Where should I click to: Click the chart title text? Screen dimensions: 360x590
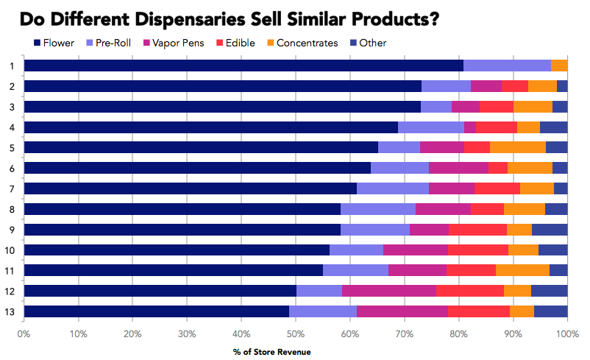[227, 18]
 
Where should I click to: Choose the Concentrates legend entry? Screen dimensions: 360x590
[302, 43]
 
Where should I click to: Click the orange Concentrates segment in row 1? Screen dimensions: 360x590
[559, 66]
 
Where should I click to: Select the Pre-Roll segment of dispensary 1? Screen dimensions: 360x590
[507, 66]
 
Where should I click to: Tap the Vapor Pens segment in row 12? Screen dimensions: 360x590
[389, 290]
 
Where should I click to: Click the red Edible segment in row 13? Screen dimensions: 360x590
[479, 311]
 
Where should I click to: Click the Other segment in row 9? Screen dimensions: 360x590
[550, 229]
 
